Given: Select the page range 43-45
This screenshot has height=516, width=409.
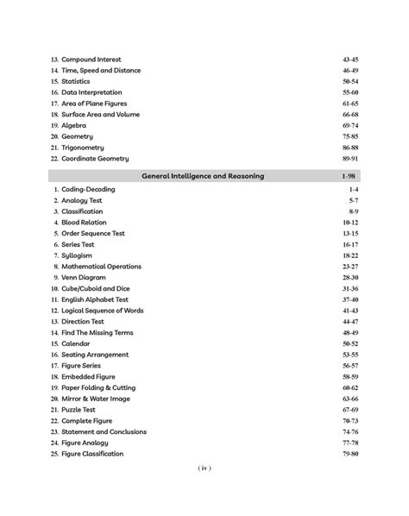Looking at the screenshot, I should point(349,60).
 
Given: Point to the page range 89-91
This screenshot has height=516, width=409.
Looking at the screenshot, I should point(349,159).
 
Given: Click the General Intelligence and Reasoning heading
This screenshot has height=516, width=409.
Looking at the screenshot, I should point(204,176).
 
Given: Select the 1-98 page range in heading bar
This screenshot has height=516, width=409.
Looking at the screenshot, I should point(349,176).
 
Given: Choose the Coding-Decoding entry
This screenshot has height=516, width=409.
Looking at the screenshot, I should point(88,189).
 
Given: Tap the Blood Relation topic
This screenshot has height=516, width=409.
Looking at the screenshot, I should point(85,222).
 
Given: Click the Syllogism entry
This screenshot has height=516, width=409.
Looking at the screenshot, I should point(77,255).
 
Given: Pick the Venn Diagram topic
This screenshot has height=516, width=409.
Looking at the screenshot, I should point(84,277).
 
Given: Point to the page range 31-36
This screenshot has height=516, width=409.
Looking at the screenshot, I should point(349,288).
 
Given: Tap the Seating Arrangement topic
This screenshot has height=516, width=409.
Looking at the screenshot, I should point(95,355).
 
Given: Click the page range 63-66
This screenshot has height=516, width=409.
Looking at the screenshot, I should point(349,399).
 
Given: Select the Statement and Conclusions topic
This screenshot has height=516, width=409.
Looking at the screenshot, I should point(104,431).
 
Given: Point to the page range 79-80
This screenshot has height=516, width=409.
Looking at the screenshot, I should point(349,454).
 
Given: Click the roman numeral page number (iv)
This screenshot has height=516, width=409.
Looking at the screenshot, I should point(204,469).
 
